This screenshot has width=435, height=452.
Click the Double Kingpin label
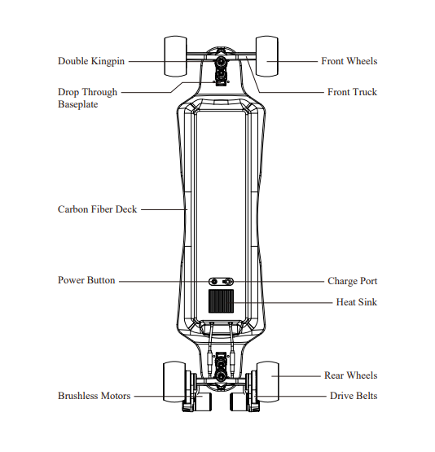point(91,61)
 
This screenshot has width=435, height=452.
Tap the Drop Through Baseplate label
point(88,98)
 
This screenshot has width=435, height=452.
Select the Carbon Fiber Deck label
point(97,209)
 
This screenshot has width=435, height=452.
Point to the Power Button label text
point(86,280)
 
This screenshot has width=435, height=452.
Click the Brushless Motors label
point(94,396)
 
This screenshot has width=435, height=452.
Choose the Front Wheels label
point(349,61)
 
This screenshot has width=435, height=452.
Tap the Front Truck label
point(352,92)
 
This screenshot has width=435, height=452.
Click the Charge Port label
point(352,281)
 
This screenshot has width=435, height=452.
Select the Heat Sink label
point(357,302)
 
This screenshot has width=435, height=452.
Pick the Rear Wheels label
point(350,375)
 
